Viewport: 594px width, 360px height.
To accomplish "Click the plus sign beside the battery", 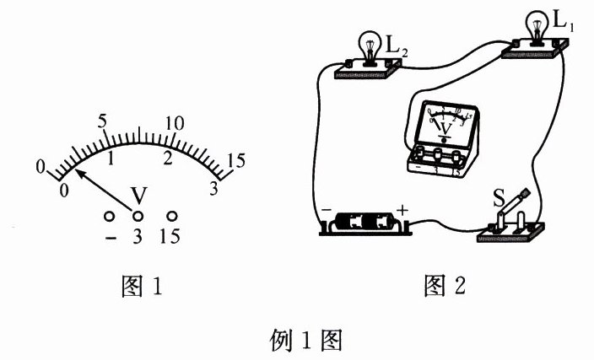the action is [402, 208].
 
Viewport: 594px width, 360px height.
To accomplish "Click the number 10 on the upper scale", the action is [175, 121].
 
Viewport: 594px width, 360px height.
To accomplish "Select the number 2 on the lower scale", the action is [167, 159].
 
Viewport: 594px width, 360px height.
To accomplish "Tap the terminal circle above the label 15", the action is [172, 216].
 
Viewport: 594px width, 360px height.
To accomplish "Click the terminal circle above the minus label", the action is [110, 216].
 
